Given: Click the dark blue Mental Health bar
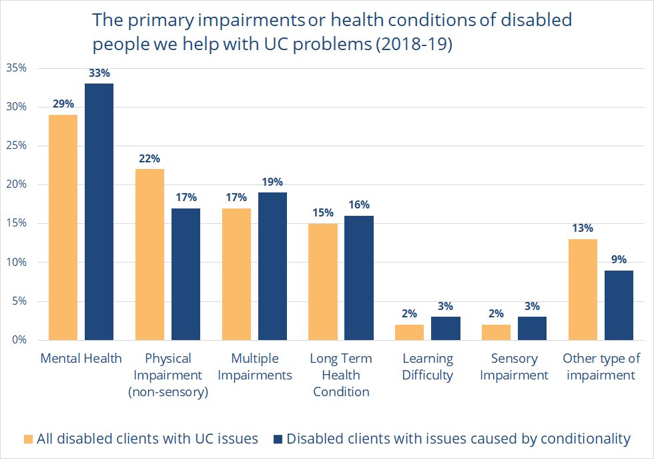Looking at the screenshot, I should [99, 212].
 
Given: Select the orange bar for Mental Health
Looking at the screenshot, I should [63, 227].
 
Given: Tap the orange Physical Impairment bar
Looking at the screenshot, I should [149, 255].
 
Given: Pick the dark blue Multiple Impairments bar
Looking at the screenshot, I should [272, 266].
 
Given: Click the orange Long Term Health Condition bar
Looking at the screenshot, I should [322, 281].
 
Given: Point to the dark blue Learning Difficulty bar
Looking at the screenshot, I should [445, 328].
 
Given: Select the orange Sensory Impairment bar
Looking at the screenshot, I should [496, 332].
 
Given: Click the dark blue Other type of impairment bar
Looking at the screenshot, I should [619, 305].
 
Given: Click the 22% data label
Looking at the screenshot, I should [149, 159].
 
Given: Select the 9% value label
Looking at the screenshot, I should [619, 260].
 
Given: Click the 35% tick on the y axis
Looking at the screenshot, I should [16, 68].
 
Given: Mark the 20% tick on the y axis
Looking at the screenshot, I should [16, 184].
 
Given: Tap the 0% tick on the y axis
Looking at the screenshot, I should [19, 340].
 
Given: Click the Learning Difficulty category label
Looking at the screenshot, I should [428, 367].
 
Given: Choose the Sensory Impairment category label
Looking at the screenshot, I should [514, 367].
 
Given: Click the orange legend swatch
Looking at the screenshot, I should [27, 439].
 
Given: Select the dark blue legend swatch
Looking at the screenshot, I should [278, 439].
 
